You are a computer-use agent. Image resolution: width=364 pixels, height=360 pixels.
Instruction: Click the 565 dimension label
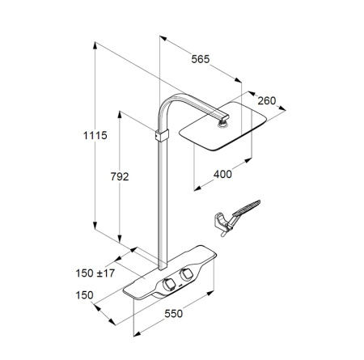201,59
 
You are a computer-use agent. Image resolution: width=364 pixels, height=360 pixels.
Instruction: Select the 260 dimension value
267,100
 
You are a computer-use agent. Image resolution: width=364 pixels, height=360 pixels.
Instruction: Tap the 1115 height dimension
95,135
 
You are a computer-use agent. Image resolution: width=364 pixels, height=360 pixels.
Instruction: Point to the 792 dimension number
120,176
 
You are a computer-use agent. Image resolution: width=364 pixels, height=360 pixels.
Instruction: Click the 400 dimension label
222,174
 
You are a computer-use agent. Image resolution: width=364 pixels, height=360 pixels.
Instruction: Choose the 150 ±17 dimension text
95,273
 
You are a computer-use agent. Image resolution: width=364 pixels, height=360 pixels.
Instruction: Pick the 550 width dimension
174,314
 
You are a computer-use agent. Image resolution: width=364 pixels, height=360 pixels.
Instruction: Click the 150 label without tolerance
84,295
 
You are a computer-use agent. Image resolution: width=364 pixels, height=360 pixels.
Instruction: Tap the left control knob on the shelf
168,285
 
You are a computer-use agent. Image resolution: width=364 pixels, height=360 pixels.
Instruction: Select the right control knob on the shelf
186,274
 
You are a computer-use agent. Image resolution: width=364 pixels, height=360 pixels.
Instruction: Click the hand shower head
246,208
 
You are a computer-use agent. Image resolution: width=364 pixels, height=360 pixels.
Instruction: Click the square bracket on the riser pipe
162,135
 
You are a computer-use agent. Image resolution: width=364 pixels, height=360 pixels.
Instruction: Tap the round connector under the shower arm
222,124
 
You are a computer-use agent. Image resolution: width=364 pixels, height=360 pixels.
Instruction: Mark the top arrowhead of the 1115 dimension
95,45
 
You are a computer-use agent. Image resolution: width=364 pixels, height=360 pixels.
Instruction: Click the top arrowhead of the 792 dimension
120,114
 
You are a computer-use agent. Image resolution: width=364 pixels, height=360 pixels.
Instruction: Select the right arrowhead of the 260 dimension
282,108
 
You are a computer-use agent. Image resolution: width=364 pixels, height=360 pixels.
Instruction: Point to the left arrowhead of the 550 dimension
137,334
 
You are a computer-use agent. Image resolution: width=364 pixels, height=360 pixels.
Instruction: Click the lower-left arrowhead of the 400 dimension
197,188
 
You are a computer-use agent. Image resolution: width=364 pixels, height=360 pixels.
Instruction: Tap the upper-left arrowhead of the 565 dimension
163,38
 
